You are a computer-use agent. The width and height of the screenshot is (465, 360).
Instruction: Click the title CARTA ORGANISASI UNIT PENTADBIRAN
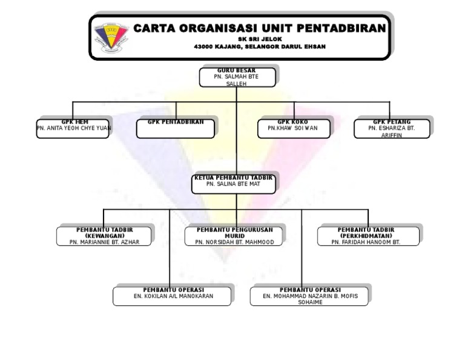[x=259, y=28]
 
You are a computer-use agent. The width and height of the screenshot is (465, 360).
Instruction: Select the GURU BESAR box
[x=237, y=78]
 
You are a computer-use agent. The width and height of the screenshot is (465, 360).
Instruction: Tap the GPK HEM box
[x=73, y=128]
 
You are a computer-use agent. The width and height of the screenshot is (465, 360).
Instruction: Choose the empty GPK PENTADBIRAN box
[x=176, y=129]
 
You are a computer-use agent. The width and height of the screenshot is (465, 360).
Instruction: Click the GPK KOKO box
[x=294, y=128]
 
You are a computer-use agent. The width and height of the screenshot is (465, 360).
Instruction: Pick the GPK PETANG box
[x=392, y=128]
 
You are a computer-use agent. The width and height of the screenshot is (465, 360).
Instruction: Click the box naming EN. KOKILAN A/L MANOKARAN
[x=173, y=296]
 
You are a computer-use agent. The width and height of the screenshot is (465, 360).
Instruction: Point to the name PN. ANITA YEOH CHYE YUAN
[x=74, y=128]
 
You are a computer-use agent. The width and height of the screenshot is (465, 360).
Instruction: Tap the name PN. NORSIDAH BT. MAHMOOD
[x=234, y=242]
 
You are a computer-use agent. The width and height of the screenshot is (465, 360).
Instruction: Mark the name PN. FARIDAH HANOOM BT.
[x=366, y=242]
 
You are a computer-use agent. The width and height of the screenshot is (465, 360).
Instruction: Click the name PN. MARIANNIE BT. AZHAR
[x=104, y=242]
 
